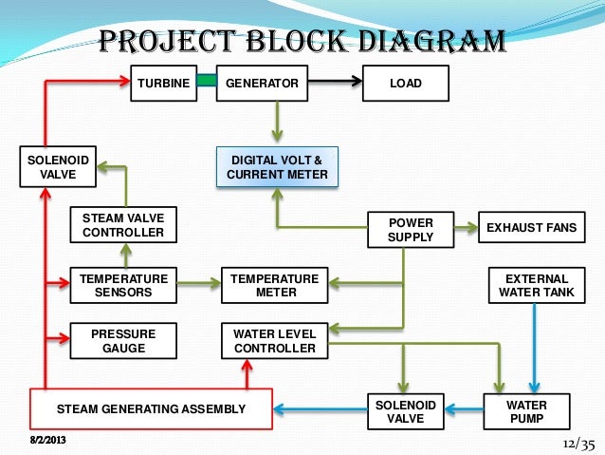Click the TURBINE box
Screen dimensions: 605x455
point(164,83)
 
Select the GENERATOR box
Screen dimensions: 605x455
point(262,83)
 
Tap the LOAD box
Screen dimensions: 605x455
point(406,83)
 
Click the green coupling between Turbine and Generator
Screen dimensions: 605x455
point(207,80)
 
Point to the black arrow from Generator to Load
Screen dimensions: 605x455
point(335,81)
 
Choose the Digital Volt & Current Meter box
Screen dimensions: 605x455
point(277,167)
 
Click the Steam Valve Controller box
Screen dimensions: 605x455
point(123,225)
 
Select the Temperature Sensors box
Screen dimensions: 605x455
point(123,285)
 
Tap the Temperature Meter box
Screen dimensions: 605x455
point(275,285)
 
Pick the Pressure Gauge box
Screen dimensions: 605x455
point(123,341)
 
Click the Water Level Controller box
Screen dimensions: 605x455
point(275,341)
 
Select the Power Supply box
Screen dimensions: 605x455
point(411,230)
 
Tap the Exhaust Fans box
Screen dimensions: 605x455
point(532,227)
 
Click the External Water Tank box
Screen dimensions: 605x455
point(537,285)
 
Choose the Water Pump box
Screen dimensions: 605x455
point(526,411)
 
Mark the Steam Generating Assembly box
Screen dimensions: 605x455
point(152,409)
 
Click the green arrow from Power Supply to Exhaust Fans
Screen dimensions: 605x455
point(467,227)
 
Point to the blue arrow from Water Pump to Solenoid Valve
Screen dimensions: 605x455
point(464,409)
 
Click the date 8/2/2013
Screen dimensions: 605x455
point(47,440)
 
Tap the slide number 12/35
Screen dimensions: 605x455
point(578,445)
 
